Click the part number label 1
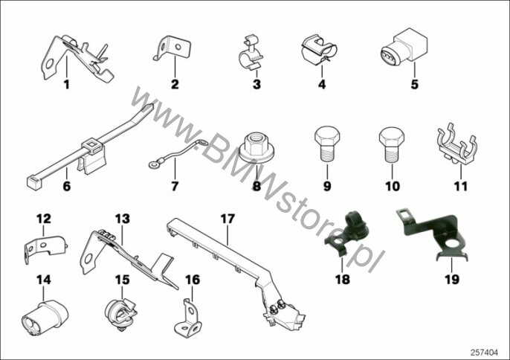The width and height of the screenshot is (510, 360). pyautogui.click(x=67, y=85)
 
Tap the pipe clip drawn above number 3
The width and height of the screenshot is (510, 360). pyautogui.click(x=250, y=54)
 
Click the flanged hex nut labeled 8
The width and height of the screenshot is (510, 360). pyautogui.click(x=256, y=147)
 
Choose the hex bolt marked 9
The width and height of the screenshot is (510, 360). pyautogui.click(x=327, y=144)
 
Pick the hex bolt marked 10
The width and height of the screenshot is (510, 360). pyautogui.click(x=392, y=144)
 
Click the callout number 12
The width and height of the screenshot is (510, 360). pyautogui.click(x=44, y=219)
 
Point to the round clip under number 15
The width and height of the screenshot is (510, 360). pyautogui.click(x=120, y=313)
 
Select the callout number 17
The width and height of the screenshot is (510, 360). pyautogui.click(x=227, y=219)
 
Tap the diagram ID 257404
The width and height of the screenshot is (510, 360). pyautogui.click(x=484, y=352)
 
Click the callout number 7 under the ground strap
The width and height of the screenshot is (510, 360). pyautogui.click(x=175, y=186)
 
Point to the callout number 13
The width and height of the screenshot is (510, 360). pyautogui.click(x=122, y=219)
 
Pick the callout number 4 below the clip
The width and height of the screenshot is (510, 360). pyautogui.click(x=322, y=84)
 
